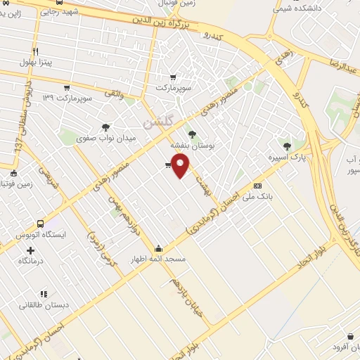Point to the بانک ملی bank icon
(257, 186)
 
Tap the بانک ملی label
(257, 198)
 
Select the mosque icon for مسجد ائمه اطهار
(158, 248)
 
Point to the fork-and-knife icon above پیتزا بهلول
(35, 51)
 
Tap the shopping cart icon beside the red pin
(167, 165)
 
